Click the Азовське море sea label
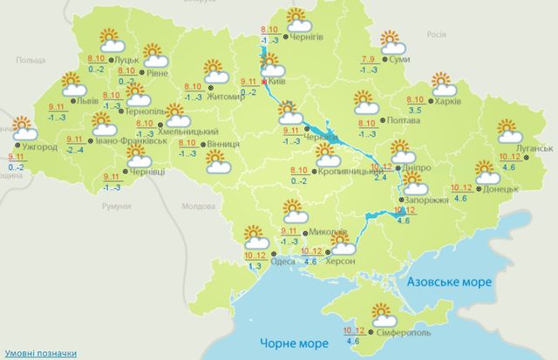[x=450, y=283]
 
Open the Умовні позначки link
[x=38, y=352]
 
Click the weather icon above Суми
[x=391, y=42]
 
